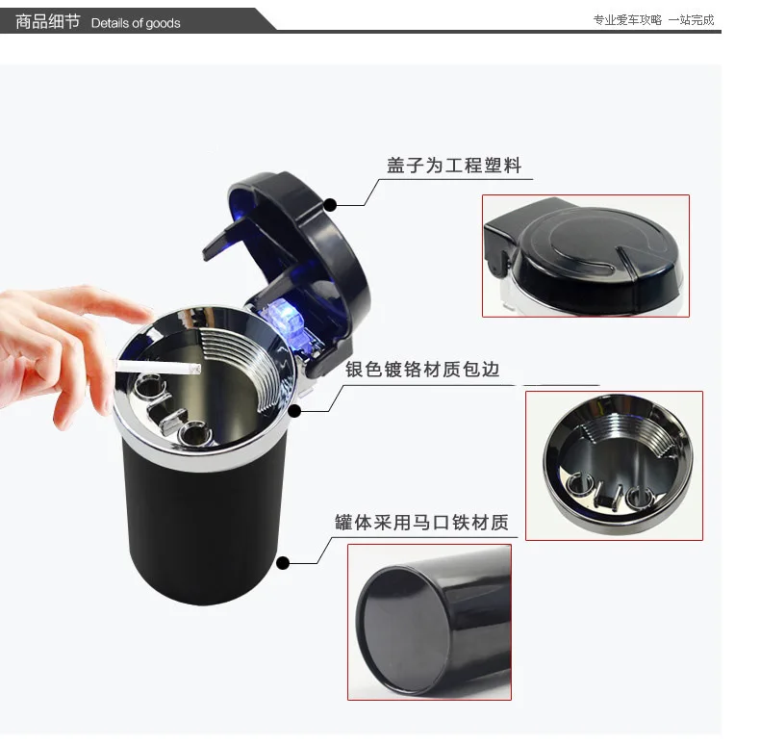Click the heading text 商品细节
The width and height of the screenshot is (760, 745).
(47, 22)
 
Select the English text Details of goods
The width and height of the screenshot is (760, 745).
(136, 23)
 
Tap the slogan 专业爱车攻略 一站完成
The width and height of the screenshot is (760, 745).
(653, 20)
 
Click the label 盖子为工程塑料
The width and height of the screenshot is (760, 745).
(454, 166)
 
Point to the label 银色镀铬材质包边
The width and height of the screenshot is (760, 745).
(422, 370)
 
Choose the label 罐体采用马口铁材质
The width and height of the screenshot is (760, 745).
(421, 523)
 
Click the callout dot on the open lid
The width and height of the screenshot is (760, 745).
(330, 205)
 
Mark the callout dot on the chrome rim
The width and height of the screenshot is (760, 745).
(294, 411)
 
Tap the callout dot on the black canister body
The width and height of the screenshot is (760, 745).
(283, 563)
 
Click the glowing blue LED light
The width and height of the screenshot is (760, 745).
(284, 316)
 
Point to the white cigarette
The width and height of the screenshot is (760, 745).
(158, 367)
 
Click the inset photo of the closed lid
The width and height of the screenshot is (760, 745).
(586, 256)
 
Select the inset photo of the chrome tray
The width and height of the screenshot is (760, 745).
(614, 466)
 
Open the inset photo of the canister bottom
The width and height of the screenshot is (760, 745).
(429, 622)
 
